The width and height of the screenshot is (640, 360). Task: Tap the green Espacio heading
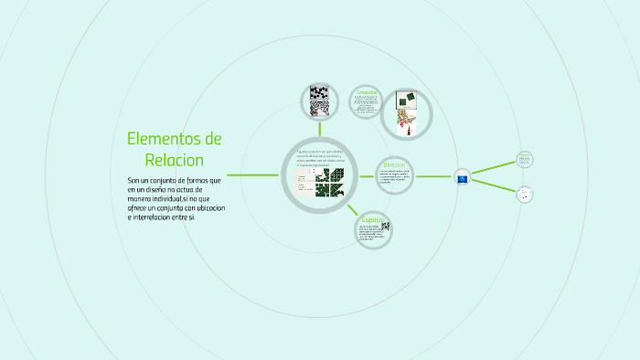point(371,219)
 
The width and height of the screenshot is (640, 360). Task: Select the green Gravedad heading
point(367,92)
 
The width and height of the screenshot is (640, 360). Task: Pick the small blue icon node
point(462,177)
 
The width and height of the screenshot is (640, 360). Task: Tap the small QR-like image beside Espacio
point(385,227)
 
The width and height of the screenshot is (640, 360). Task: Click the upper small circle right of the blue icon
point(524,159)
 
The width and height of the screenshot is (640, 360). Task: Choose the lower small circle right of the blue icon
point(524,194)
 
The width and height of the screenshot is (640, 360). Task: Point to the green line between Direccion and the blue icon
point(435,176)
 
